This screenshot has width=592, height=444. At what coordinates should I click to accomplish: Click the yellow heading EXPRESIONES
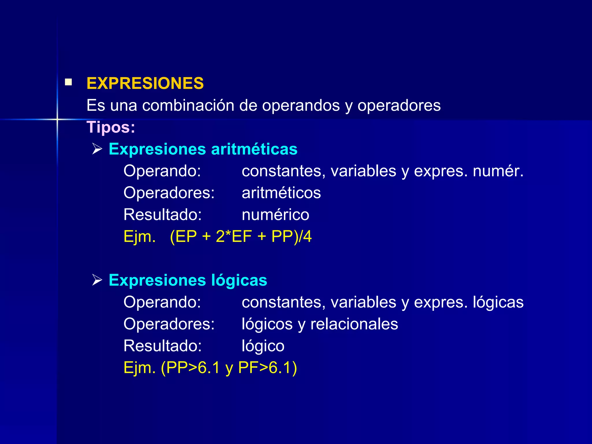tap(145, 83)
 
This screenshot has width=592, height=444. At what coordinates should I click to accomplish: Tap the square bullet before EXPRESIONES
tap(69, 82)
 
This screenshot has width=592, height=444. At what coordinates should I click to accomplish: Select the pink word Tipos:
tap(111, 127)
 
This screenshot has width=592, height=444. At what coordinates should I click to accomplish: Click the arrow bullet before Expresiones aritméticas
tap(97, 149)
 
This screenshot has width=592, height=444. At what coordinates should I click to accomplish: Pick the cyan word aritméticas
tap(254, 149)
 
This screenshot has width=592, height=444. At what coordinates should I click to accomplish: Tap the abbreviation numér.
tap(498, 171)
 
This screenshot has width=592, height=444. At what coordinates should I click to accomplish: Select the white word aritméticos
tap(281, 193)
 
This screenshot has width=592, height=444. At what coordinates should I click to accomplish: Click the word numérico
tap(275, 215)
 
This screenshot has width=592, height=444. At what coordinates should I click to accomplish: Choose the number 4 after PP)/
tap(307, 236)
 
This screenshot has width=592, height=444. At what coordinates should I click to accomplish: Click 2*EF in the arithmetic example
tap(234, 236)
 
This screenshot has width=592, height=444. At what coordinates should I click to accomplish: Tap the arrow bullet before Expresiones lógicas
tap(97, 280)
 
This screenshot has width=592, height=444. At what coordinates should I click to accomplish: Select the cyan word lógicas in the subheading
tap(239, 280)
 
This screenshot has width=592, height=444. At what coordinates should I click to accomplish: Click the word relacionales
tap(354, 324)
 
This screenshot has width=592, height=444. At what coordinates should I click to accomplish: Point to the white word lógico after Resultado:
tap(263, 346)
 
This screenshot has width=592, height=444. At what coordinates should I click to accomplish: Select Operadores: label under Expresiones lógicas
tap(169, 324)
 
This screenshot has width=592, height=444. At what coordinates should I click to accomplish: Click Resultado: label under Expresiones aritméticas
tap(162, 215)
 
